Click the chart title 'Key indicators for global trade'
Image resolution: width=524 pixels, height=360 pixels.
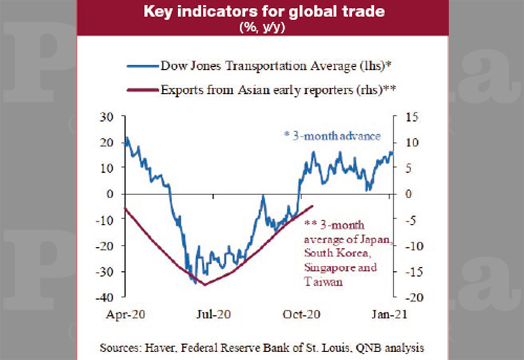(x=264, y=11)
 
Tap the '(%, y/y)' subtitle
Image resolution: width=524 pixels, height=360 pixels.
(x=263, y=27)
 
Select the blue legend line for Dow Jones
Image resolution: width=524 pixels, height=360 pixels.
(x=143, y=66)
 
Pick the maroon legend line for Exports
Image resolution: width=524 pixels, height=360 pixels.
(x=143, y=90)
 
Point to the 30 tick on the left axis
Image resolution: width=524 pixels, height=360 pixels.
(x=107, y=117)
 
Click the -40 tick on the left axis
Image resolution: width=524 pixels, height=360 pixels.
(x=105, y=297)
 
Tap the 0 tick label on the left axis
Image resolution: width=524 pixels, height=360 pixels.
(x=110, y=194)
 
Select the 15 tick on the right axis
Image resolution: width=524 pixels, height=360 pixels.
(x=412, y=117)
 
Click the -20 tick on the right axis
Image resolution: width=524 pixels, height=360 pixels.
(x=414, y=297)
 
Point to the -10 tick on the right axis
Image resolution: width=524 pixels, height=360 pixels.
(x=414, y=246)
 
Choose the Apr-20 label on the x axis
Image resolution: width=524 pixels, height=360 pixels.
(x=125, y=314)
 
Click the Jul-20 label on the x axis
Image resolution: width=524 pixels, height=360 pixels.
(x=214, y=314)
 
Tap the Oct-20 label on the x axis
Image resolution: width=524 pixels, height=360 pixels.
(x=301, y=314)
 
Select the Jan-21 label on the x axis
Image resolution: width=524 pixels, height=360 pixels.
(x=389, y=314)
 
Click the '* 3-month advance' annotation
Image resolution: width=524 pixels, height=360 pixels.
(x=332, y=136)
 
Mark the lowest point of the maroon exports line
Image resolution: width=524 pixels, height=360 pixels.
(x=205, y=285)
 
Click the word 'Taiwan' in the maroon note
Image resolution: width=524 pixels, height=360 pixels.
(x=323, y=282)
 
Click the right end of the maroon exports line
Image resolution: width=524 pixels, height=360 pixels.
(x=313, y=206)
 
